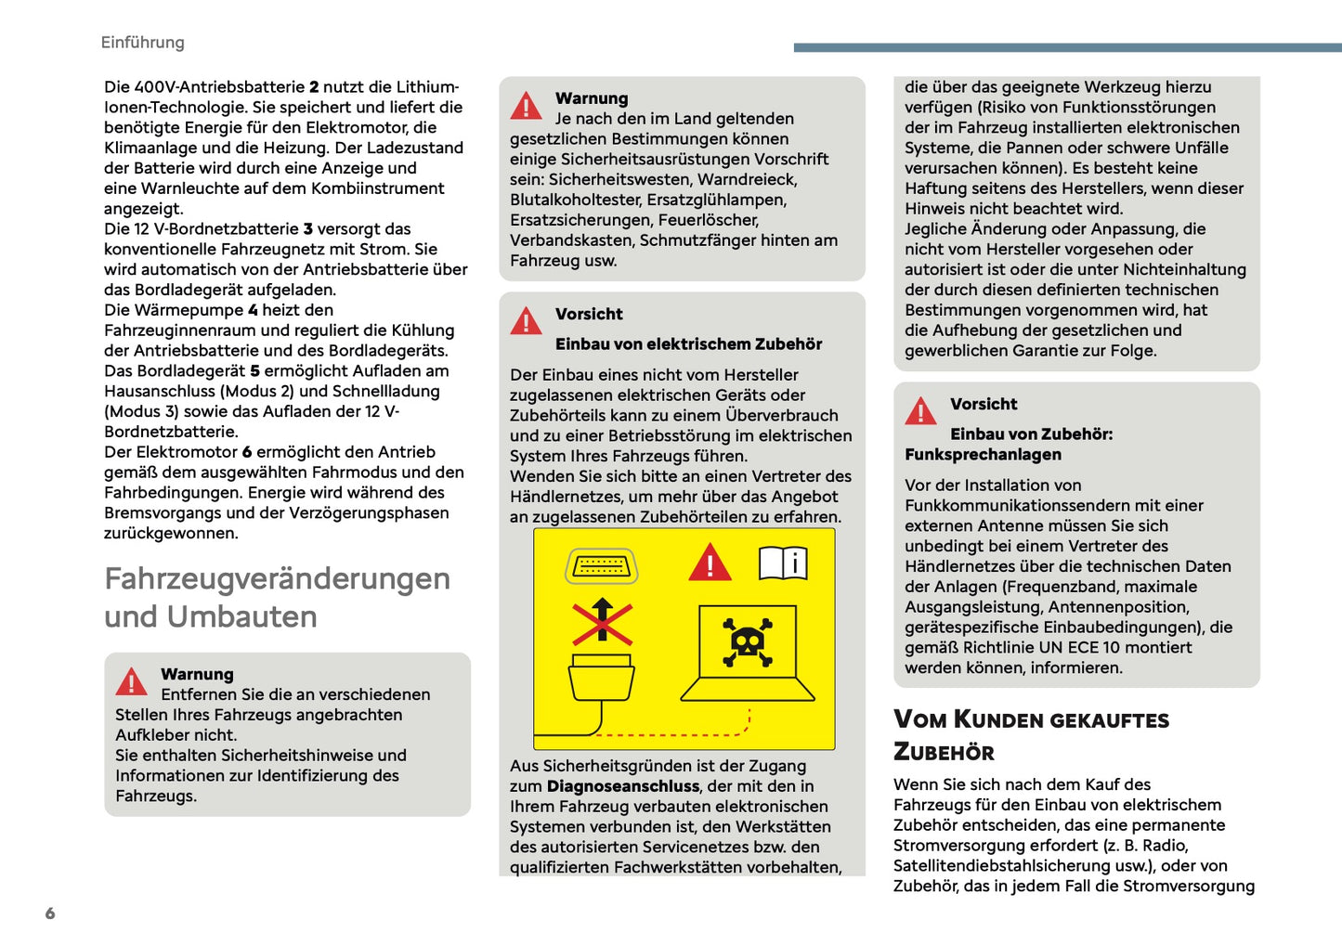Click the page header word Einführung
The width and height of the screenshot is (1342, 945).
coord(142,43)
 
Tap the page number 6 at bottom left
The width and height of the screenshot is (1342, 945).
coord(50,913)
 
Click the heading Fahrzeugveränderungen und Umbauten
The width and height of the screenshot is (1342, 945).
coord(277,597)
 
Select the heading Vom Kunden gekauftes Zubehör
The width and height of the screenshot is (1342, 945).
coord(1031,735)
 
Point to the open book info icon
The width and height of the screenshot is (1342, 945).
coord(783,563)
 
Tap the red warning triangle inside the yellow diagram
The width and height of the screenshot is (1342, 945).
coord(710,563)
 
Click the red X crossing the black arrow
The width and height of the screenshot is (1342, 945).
coord(602,622)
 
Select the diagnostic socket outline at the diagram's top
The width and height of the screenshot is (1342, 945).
coord(602,565)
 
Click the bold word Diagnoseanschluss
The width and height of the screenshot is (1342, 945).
coord(622,786)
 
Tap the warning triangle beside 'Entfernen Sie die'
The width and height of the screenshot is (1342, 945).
coord(132,682)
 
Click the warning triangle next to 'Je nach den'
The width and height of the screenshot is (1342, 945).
coord(527,106)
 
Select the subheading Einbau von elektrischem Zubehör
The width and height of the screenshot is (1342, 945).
coord(688,344)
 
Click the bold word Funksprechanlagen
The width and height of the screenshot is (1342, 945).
coord(983,455)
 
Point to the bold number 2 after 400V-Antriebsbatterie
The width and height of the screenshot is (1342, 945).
coord(314,87)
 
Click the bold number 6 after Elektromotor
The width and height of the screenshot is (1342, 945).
coord(247,453)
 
